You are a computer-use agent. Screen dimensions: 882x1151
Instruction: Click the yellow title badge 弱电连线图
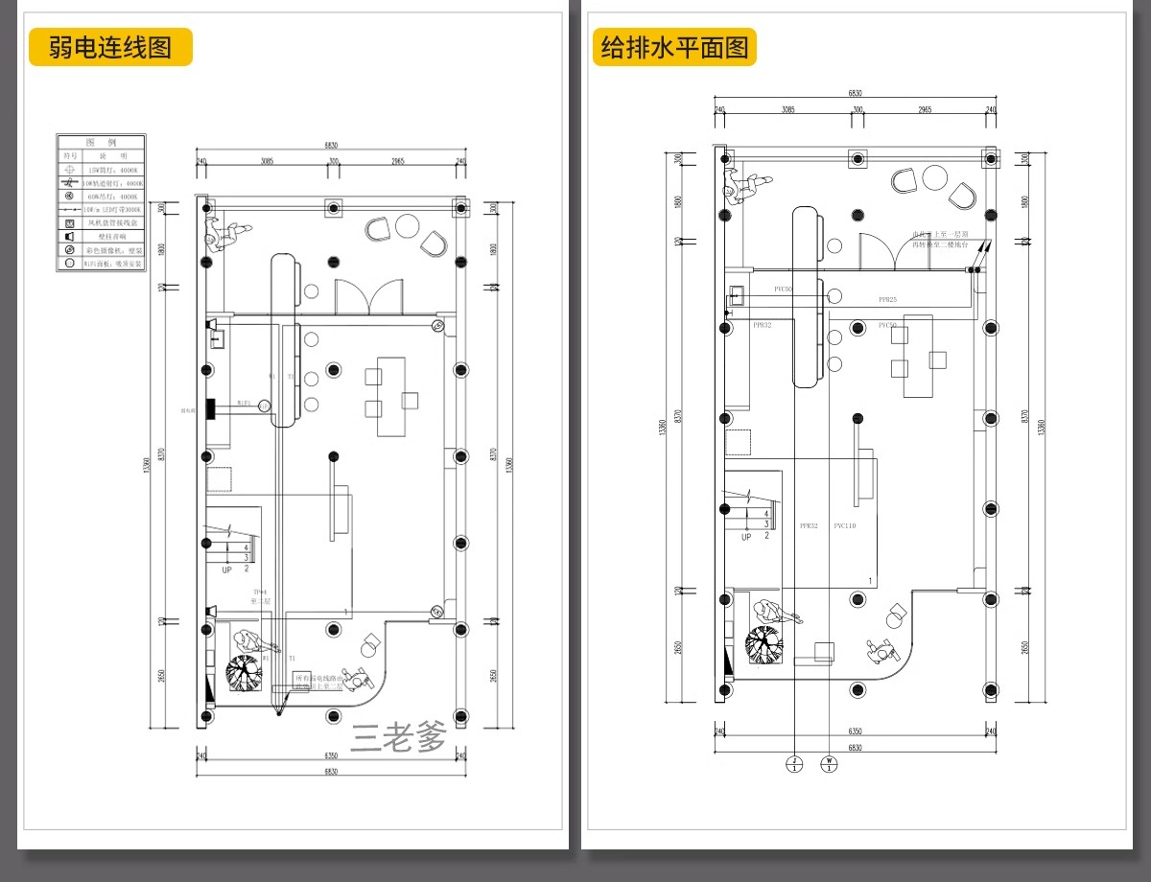tap(110, 47)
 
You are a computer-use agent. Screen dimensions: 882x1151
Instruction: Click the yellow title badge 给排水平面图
tap(674, 47)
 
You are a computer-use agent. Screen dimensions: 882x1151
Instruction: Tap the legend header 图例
tap(101, 142)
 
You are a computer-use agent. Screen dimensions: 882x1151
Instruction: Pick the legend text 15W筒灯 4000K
tap(113, 169)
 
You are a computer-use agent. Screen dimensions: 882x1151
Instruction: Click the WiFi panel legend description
tap(113, 263)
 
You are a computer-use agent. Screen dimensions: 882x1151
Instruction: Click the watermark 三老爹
tap(399, 737)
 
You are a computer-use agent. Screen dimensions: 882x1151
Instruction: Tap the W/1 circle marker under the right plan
tap(830, 764)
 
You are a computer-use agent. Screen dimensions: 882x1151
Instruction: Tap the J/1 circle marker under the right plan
tap(794, 764)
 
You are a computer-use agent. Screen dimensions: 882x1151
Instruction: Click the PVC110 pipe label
tap(844, 526)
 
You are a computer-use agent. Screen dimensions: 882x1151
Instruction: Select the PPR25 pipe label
tap(887, 300)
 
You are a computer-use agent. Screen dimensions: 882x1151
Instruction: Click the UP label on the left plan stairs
tap(227, 569)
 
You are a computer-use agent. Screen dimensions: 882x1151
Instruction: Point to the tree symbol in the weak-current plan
tap(244, 672)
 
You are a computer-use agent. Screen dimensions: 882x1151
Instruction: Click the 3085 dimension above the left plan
tap(266, 161)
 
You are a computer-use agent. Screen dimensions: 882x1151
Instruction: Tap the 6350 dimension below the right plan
tap(854, 732)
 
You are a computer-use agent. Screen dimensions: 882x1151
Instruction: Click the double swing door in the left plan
tap(369, 295)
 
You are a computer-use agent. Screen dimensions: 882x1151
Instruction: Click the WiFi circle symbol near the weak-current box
tap(263, 406)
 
